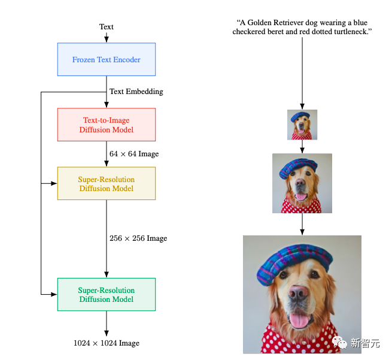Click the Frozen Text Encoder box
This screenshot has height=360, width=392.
[x=106, y=59]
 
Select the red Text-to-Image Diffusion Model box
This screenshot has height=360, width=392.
[x=106, y=125]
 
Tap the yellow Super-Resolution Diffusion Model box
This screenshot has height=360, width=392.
[x=106, y=183]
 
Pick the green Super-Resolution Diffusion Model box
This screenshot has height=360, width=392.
[x=106, y=294]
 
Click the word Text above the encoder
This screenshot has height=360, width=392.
[x=106, y=26]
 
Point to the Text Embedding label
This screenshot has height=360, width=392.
[x=136, y=92]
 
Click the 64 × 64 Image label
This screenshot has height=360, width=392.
[x=134, y=154]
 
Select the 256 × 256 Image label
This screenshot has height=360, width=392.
[x=138, y=238]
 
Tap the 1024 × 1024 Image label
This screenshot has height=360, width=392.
[x=106, y=343]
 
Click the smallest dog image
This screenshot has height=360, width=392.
[x=302, y=125]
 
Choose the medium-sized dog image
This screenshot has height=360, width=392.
[x=302, y=183]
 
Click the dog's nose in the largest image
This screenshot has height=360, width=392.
[x=299, y=293]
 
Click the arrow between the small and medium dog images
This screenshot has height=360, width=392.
[x=302, y=147]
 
